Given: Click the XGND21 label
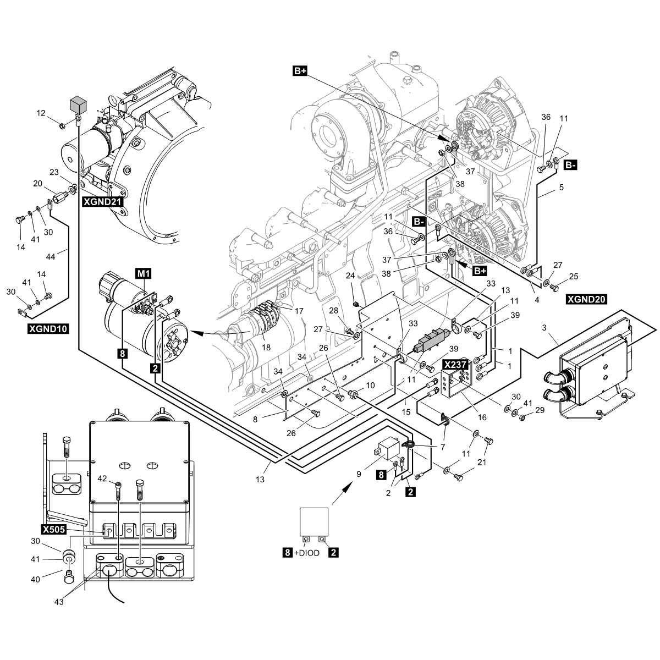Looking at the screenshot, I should click(x=102, y=202).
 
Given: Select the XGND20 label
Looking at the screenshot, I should click(x=586, y=300).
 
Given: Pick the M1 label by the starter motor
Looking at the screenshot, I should click(x=142, y=272).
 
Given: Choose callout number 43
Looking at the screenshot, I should click(x=59, y=602).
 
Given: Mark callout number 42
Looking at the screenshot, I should click(x=103, y=478).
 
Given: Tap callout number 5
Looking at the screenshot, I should click(x=561, y=188).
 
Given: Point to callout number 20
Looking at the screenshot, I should click(x=37, y=184).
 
